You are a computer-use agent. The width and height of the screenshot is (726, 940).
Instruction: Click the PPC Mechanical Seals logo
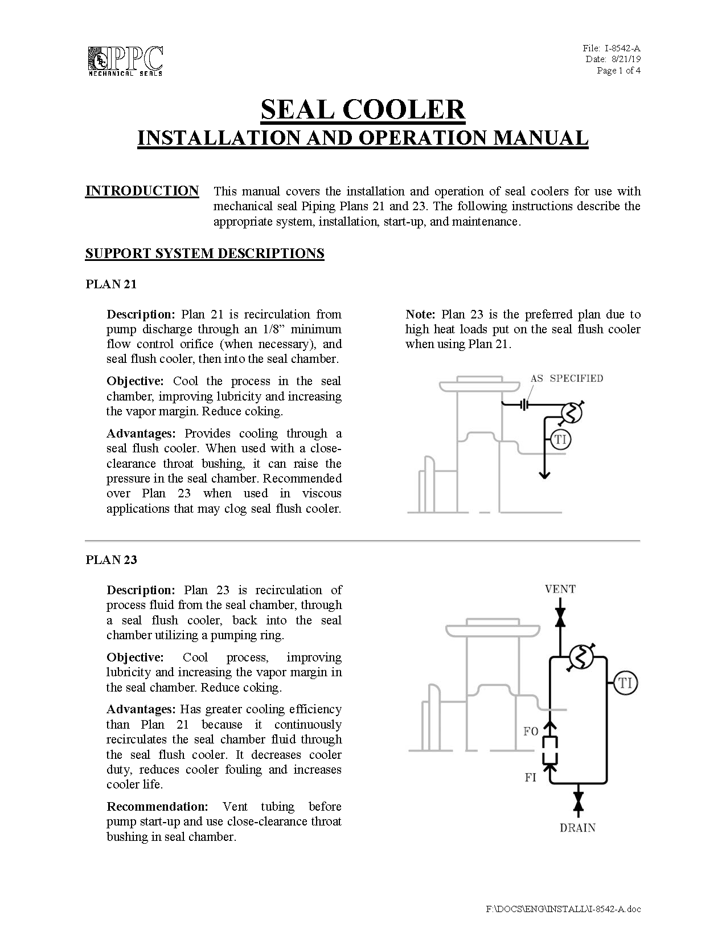coord(126,61)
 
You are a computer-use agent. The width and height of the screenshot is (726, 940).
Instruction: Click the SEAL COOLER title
coord(363,109)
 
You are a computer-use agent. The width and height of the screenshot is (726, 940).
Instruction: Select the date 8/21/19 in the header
coord(626,59)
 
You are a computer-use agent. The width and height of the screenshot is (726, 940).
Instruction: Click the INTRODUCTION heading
coord(142,191)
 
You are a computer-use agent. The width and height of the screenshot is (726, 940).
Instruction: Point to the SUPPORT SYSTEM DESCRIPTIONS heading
coord(204,254)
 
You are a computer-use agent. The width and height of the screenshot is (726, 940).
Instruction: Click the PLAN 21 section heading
coord(111,284)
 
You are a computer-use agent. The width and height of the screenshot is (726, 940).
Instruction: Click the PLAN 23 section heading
coord(111,560)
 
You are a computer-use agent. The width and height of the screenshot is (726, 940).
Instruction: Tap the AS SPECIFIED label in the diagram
coord(567,378)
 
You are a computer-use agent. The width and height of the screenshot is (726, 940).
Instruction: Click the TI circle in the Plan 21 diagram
coord(560,439)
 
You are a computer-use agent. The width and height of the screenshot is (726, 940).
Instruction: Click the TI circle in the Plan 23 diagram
coord(625,683)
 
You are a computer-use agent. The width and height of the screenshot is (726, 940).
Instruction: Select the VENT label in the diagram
coord(560,589)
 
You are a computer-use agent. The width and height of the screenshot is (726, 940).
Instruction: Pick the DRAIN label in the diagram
coord(577,828)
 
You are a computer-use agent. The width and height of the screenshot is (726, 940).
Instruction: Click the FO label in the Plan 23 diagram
coord(531,731)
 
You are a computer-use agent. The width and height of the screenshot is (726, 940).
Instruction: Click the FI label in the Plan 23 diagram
coord(531,777)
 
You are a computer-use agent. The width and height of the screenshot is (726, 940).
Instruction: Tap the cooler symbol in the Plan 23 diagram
coord(581,658)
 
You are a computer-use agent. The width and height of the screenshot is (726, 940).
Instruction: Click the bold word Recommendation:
coord(157,807)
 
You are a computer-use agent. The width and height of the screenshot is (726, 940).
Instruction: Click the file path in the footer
coord(563,909)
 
